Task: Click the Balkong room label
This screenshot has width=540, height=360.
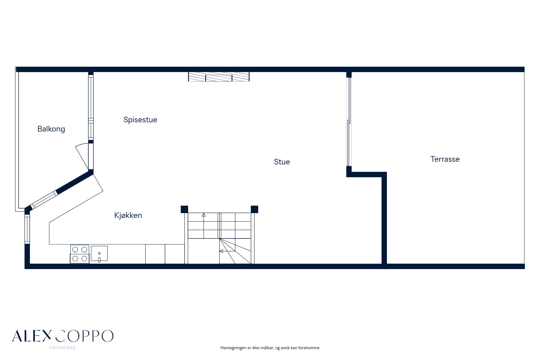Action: pos(51,129)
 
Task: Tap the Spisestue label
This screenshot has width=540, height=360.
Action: pos(140,120)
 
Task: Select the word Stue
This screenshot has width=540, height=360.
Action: pos(282,162)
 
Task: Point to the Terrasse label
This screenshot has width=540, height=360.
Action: pos(445,159)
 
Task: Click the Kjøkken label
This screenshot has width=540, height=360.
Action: pos(128,215)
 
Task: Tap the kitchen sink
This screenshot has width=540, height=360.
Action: pos(99,253)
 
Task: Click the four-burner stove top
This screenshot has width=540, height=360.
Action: pos(80,254)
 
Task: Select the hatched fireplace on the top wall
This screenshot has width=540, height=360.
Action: pos(219,77)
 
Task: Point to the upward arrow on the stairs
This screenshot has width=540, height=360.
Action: pos(204,215)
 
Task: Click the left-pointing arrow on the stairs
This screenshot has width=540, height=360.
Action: pos(221,251)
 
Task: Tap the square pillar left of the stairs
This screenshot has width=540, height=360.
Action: pos(184,209)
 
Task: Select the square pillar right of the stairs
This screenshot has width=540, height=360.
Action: pos(254,209)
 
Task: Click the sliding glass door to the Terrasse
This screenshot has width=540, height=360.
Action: pos(349,122)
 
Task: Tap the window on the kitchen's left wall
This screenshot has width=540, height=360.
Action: pos(27,229)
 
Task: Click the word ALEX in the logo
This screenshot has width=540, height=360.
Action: pos(32,336)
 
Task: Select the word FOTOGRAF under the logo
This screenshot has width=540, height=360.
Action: pos(63,348)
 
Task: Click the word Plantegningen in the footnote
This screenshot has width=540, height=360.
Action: pos(233,348)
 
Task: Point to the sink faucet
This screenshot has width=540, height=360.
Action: pos(99,260)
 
